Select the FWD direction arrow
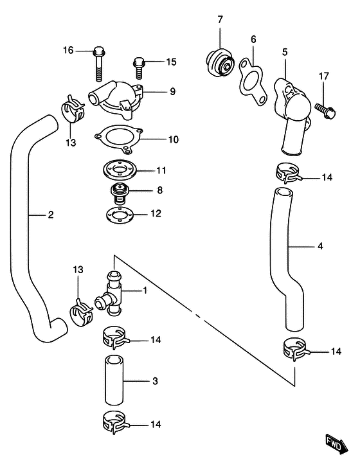click(x=336, y=442)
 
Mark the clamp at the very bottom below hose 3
click(x=113, y=424)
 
